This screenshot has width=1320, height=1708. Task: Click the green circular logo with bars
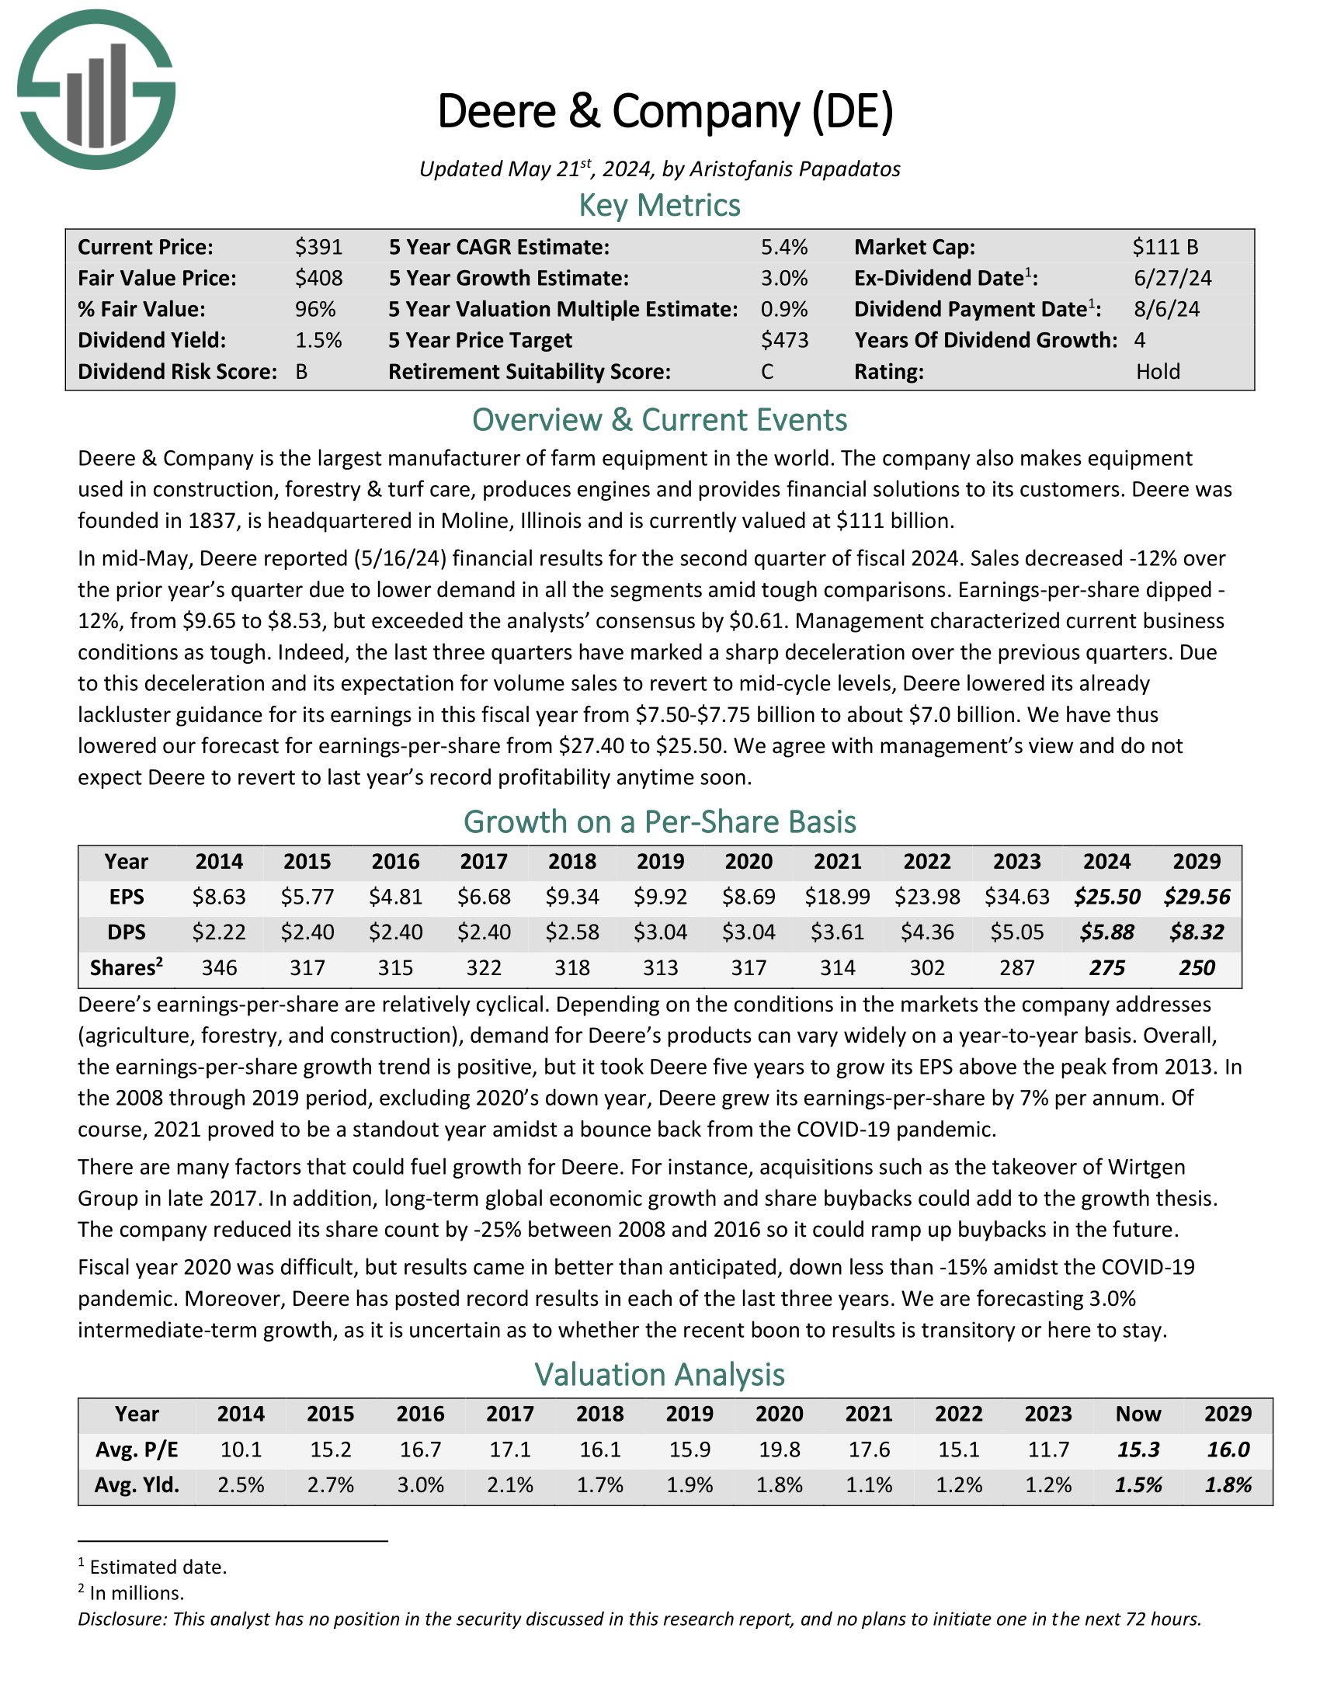pos(96,89)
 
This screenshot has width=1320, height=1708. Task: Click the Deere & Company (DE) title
pos(665,111)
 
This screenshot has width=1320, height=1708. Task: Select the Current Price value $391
pos(319,247)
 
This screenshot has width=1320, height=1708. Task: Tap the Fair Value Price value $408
pos(319,279)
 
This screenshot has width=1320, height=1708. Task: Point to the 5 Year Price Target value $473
pos(784,340)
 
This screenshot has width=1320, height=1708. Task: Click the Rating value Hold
pos(1158,371)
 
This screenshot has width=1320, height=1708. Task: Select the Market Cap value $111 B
pos(1165,247)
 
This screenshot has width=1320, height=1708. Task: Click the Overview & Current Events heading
pos(659,420)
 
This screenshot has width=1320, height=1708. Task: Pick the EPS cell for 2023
pos(1016,897)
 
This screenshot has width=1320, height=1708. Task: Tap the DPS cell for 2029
pos(1197,932)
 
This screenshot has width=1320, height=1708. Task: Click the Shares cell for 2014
pos(219,968)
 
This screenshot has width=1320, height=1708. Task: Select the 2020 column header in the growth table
pos(749,862)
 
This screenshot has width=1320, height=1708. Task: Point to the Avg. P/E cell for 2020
pos(779,1450)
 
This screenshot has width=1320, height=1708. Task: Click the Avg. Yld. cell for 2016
pos(421,1485)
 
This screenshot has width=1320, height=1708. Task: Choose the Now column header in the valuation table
pos(1138,1414)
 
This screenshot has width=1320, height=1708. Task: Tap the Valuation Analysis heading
pos(659,1374)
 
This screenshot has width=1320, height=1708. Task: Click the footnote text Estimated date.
pos(158,1567)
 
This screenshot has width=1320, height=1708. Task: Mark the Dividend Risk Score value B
pos(302,371)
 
